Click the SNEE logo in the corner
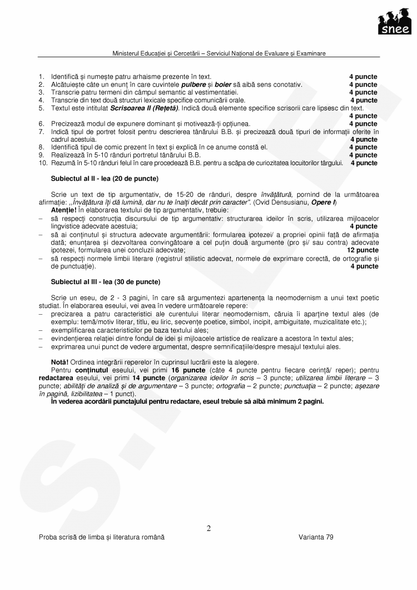click(x=395, y=23)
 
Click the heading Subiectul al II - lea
click(x=105, y=179)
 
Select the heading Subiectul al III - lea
click(x=105, y=282)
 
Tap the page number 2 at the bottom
click(x=209, y=528)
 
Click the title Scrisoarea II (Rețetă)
click(x=144, y=108)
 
